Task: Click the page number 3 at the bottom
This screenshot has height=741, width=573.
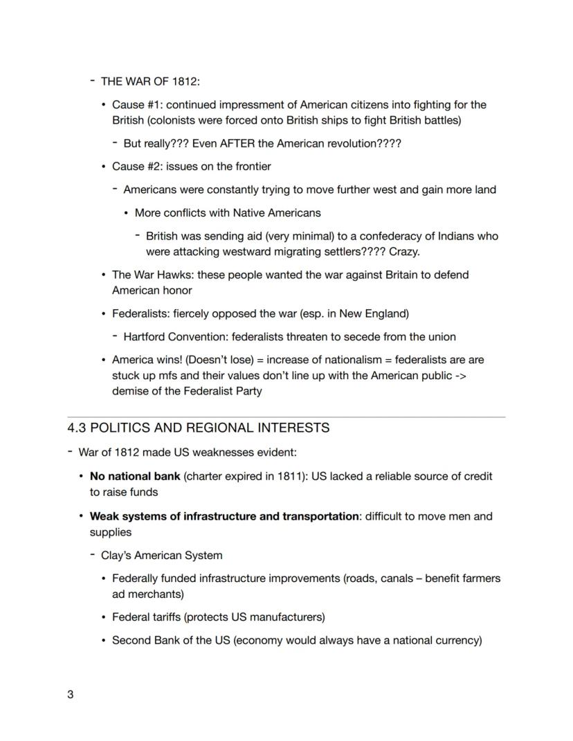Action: [x=70, y=695]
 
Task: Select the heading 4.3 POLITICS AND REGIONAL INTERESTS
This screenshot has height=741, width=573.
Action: [x=198, y=428]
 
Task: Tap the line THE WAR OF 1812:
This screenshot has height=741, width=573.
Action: [x=150, y=82]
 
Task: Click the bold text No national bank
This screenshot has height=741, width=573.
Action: [x=135, y=477]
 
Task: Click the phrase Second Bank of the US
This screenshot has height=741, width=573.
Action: [x=171, y=640]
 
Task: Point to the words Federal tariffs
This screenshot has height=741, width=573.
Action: [x=146, y=616]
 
